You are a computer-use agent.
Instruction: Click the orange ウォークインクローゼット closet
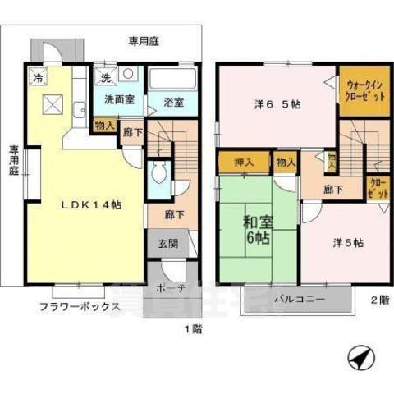coord(364,89)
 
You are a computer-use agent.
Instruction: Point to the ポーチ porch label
coord(171,289)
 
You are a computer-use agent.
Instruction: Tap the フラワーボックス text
coord(79,308)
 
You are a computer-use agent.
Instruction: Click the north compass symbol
coord(358,359)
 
